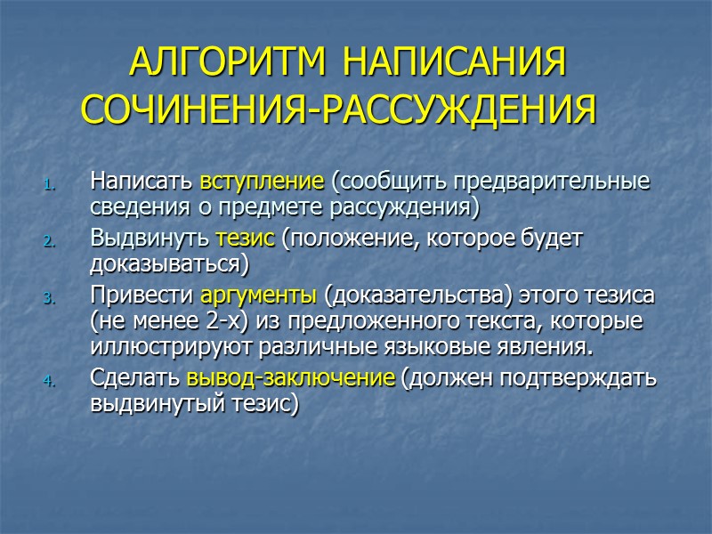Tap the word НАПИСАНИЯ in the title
pos(454,65)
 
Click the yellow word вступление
pos(262,183)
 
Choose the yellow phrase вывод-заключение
pos(291,377)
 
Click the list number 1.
pos(51,186)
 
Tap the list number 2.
pos(51,242)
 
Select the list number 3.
pos(51,299)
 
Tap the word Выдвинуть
pos(150,239)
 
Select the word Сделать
pos(136,377)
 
